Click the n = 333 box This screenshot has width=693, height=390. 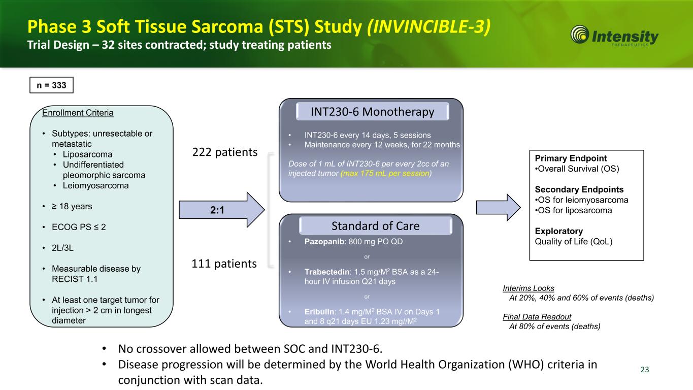click(x=52, y=85)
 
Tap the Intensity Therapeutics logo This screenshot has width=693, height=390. click(x=615, y=37)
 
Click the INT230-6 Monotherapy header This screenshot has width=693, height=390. click(x=373, y=112)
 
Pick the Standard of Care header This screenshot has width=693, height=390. click(x=375, y=225)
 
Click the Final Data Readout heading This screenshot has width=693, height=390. click(x=537, y=317)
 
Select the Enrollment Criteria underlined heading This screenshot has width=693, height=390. click(x=78, y=113)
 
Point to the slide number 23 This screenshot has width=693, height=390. click(x=645, y=369)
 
